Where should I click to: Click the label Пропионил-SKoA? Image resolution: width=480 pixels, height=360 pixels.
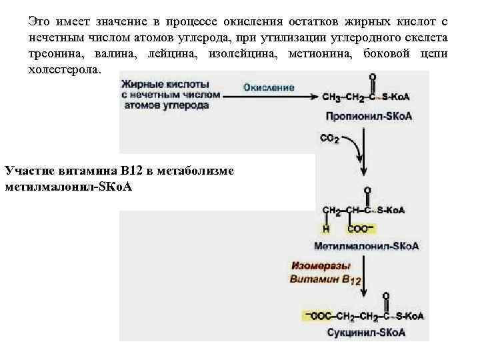coord(369,116)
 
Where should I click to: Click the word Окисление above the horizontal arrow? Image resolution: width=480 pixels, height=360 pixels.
coord(269,87)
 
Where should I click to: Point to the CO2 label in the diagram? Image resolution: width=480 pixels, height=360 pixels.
coord(330,139)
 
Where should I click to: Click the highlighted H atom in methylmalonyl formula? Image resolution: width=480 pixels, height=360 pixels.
coord(327,228)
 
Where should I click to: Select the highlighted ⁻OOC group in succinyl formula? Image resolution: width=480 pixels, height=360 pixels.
coord(315,315)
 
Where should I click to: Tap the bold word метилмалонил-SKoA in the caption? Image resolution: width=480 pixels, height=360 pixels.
coord(68,186)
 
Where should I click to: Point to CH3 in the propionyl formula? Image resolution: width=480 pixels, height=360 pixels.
coord(331,97)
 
